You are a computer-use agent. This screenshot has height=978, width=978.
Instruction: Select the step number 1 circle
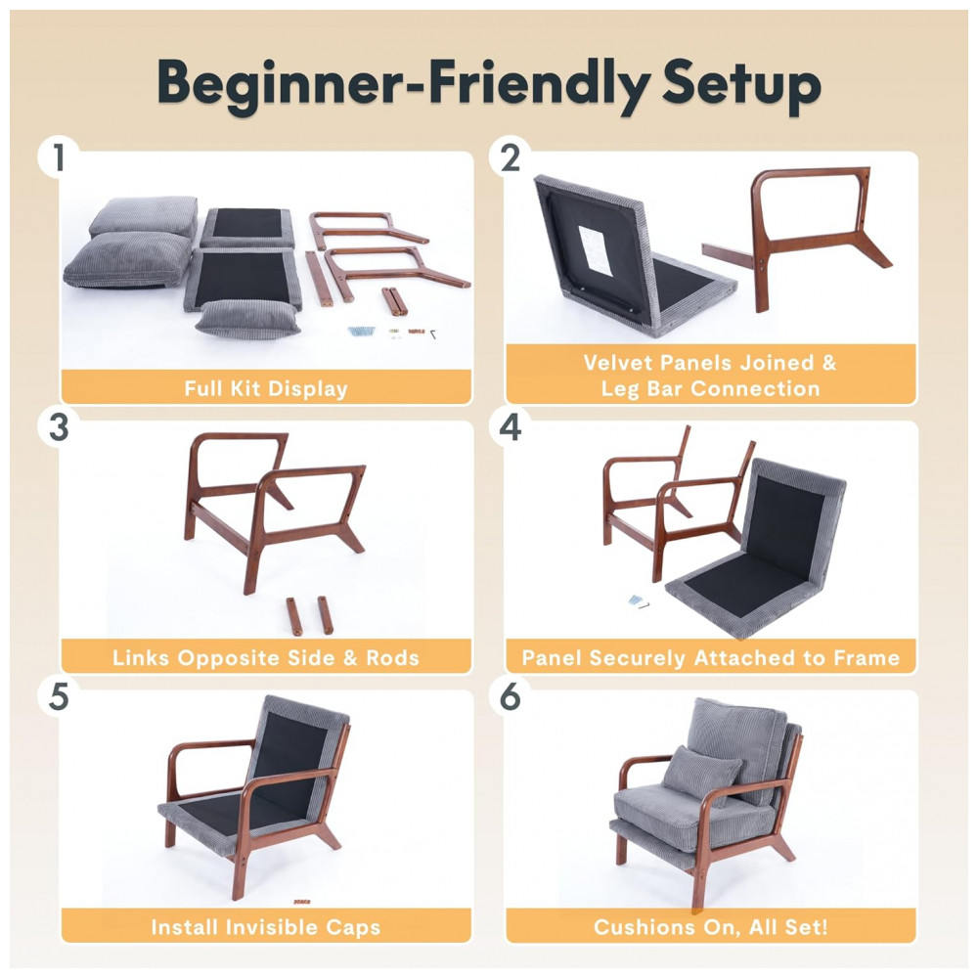tap(59, 157)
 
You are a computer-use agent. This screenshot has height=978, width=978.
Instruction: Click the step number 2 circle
tap(511, 157)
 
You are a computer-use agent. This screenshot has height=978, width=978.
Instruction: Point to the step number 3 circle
tap(59, 428)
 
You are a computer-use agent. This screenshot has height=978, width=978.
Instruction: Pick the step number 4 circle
tap(511, 428)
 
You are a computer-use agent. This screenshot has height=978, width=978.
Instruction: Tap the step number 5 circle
tap(59, 696)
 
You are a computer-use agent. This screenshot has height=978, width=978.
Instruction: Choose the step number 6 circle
tap(511, 696)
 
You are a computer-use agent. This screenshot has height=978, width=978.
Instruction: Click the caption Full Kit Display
tap(266, 388)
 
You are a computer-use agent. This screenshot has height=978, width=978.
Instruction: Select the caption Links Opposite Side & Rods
tap(266, 658)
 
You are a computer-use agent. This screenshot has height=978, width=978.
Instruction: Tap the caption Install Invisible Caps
tap(266, 927)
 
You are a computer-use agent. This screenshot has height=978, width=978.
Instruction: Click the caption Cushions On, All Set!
tap(711, 927)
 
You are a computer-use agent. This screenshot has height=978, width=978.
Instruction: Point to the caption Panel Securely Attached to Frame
tap(711, 658)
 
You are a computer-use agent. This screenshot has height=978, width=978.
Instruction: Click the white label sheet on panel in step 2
tap(596, 249)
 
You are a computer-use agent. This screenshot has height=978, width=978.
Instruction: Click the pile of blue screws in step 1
tap(362, 331)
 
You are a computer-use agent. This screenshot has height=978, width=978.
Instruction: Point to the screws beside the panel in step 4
tap(638, 601)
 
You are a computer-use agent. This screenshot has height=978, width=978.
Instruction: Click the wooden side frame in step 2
tap(811, 237)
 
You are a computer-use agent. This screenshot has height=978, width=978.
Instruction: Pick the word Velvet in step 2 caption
tap(618, 363)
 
